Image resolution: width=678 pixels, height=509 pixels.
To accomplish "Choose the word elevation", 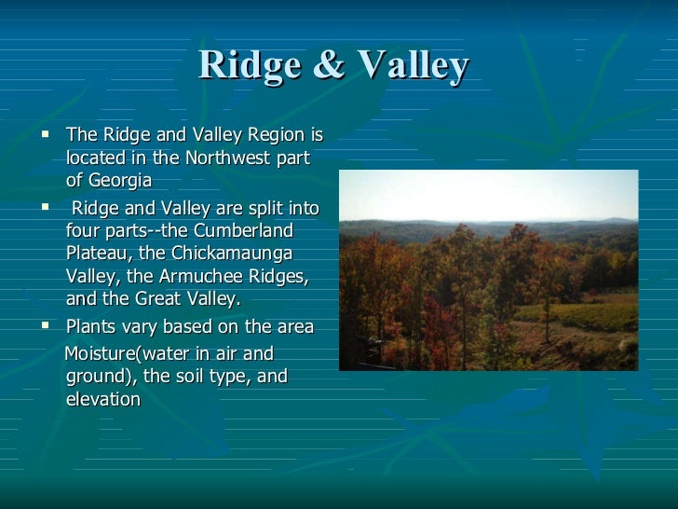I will pos(103,400).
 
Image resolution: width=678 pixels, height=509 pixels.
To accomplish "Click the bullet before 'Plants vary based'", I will pos(46,326).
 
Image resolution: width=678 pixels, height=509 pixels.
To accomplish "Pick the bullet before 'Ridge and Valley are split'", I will pos(46,205).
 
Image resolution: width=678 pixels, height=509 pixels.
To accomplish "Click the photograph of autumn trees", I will pos(488,270).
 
